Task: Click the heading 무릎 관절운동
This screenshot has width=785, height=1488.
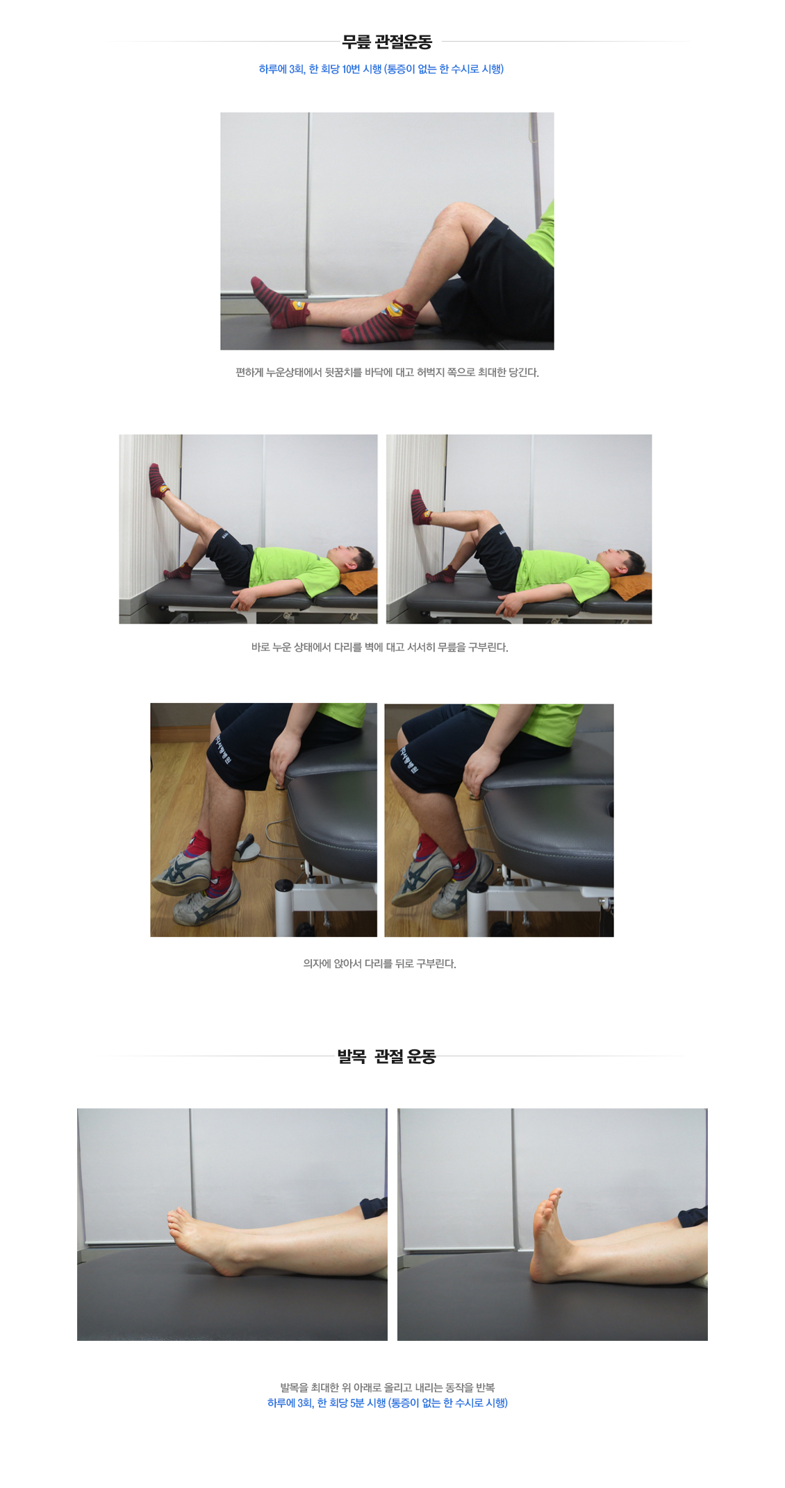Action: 387,42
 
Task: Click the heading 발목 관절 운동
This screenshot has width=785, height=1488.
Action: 386,1056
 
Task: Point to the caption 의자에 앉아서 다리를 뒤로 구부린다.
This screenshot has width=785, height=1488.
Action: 380,963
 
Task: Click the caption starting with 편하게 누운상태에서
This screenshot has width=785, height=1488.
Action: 388,373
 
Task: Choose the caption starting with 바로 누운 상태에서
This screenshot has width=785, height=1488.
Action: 380,648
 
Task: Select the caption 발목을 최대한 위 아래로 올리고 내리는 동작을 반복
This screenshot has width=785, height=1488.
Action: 388,1387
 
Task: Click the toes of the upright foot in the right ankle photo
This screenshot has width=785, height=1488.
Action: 554,1199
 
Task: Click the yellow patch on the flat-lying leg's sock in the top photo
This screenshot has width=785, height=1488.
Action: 297,305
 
